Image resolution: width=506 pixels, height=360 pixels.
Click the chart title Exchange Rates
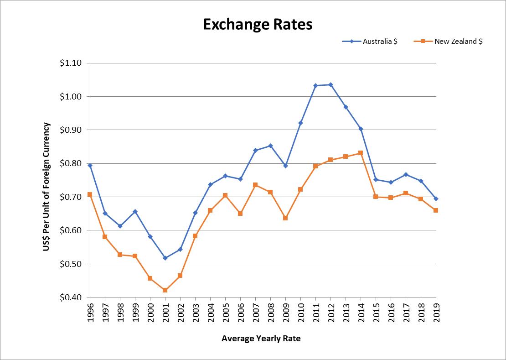click(x=258, y=24)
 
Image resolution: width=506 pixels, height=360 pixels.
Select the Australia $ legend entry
click(x=380, y=41)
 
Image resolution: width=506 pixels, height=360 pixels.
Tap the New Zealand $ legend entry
click(x=459, y=41)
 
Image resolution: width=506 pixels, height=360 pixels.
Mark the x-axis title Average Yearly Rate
click(x=261, y=339)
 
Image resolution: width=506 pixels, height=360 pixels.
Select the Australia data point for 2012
click(x=330, y=84)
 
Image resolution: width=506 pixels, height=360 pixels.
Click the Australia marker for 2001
click(x=165, y=258)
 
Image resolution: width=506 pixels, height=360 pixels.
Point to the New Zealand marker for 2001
click(x=165, y=290)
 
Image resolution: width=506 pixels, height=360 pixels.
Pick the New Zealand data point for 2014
click(x=361, y=153)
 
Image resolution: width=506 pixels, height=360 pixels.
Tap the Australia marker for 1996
click(x=90, y=165)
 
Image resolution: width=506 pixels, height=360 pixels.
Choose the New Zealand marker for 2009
click(x=285, y=218)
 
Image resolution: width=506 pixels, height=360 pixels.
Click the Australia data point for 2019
click(x=436, y=198)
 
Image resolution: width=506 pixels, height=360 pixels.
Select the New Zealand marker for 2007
click(x=255, y=185)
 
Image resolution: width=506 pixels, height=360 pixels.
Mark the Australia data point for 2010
click(x=300, y=123)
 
